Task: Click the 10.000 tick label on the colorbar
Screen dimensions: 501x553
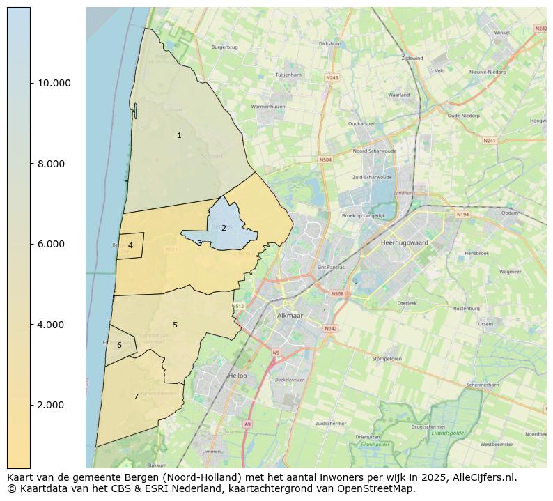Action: [x=54, y=83]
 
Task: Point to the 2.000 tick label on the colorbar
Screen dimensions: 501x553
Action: [x=50, y=405]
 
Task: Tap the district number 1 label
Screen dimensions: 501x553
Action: [x=179, y=135]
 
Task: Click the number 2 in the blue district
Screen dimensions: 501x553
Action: [x=224, y=228]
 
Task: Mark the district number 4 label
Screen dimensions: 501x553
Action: [x=130, y=245]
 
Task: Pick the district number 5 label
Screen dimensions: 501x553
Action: [x=175, y=325]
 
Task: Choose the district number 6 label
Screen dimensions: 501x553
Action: [x=119, y=345]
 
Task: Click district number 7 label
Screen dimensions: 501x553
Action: [x=136, y=396]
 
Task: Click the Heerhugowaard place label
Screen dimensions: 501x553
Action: [x=405, y=242]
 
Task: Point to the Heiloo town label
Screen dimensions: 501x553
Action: [x=237, y=376]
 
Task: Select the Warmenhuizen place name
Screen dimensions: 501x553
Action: [x=267, y=107]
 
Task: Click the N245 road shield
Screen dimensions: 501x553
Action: [x=332, y=77]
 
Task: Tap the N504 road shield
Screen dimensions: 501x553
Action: [x=325, y=160]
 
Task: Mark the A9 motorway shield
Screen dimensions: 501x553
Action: [x=247, y=424]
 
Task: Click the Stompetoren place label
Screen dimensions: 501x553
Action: [x=387, y=359]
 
